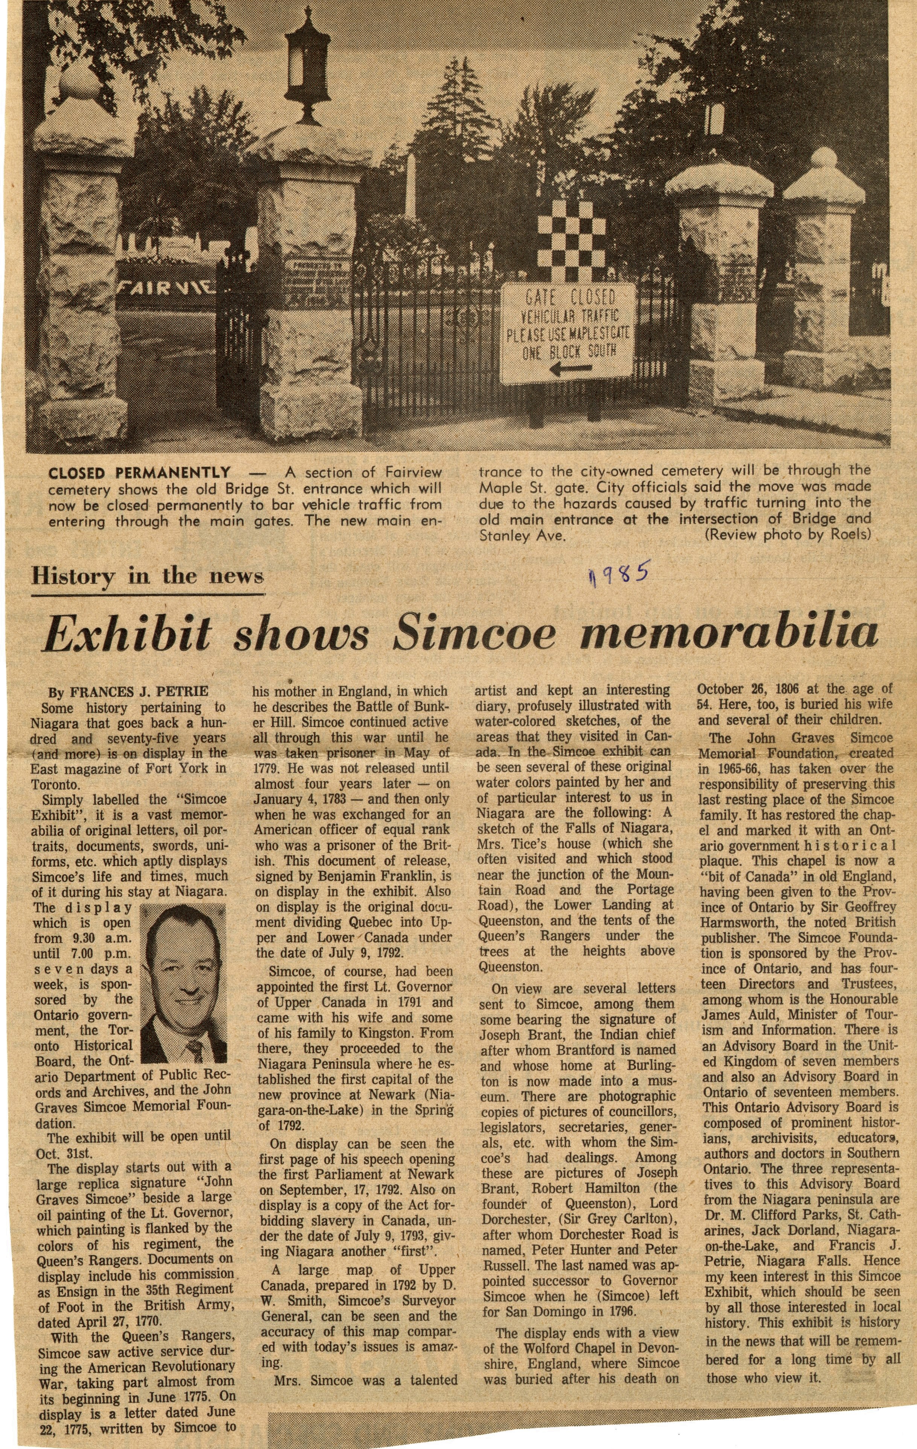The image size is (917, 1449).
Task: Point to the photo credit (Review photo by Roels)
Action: (x=787, y=535)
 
